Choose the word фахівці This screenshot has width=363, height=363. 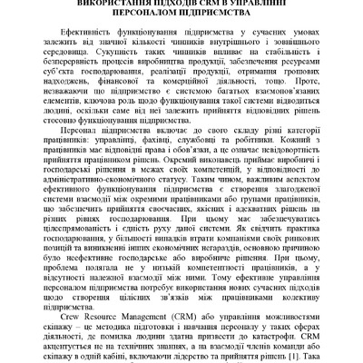pos(159,181)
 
